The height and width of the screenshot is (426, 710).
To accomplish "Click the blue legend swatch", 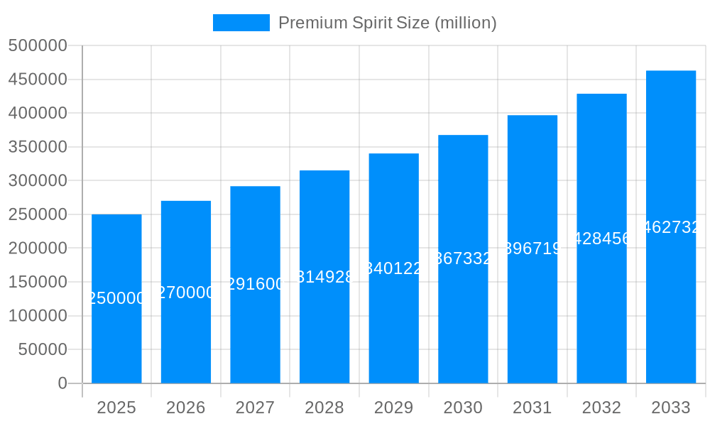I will coord(241,23).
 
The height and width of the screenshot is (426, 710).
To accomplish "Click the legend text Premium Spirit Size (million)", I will coord(387,23).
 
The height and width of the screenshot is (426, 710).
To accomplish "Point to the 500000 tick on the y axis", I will coord(38,46).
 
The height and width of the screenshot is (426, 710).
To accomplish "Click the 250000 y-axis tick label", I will coord(38,214).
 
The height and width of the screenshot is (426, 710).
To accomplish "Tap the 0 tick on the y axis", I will coord(62,383).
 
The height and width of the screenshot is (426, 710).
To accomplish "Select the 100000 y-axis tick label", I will coord(38,316).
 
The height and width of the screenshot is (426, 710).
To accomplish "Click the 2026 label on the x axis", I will coord(186,408).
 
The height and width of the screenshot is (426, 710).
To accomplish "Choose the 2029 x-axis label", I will coord(394,408).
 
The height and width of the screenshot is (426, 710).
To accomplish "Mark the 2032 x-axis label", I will coord(601,408).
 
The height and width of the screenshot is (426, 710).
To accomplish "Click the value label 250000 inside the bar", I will coord(116,299).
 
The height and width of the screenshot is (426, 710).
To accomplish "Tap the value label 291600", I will coord(255,285).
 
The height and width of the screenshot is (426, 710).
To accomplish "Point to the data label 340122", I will coord(394,268).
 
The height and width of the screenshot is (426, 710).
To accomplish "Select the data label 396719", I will coord(532,249).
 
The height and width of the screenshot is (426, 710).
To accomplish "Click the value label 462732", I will coord(671,227).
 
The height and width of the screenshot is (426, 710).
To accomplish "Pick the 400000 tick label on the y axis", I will coord(38,114).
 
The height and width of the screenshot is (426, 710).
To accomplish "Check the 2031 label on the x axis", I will coord(532,408).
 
